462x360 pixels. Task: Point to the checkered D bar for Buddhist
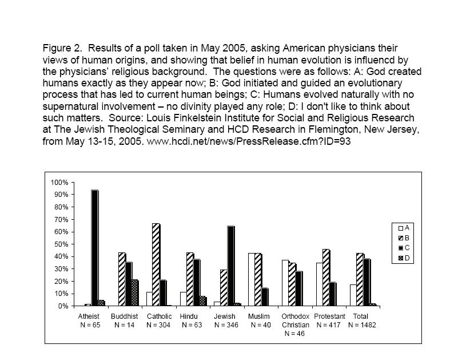coord(134,293)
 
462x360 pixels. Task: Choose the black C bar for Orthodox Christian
coord(300,288)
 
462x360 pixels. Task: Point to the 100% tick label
coord(59,182)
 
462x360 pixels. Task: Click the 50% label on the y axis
coord(61,244)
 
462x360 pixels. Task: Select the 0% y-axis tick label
coord(63,306)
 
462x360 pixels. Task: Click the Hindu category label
coord(188,317)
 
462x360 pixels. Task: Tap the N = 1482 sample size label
coord(361,325)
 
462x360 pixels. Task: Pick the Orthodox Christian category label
coord(296,321)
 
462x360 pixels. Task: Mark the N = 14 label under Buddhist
coord(124,325)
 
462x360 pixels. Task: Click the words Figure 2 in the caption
coord(61,48)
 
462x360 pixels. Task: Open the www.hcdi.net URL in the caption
coord(248,141)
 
